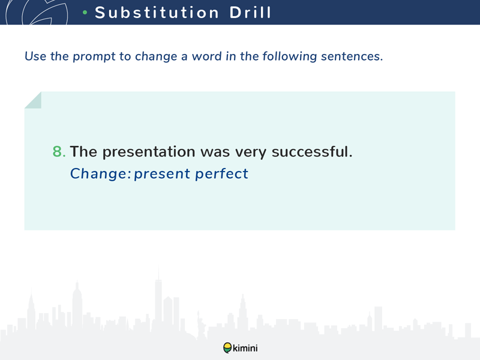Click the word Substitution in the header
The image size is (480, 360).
tap(157, 13)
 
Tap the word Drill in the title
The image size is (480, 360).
tap(250, 13)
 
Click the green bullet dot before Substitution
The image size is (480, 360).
tap(85, 13)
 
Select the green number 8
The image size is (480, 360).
tap(59, 152)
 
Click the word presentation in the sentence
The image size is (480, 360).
tap(149, 152)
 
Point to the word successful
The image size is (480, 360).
tap(312, 152)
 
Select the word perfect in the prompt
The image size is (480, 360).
tap(221, 174)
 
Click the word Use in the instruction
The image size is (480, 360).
tap(35, 56)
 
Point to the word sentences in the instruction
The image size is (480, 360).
tap(352, 56)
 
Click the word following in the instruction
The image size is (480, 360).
tap(289, 57)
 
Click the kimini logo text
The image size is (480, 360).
tap(245, 348)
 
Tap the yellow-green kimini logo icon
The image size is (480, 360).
tap(227, 348)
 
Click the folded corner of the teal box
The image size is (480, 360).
tap(33, 100)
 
